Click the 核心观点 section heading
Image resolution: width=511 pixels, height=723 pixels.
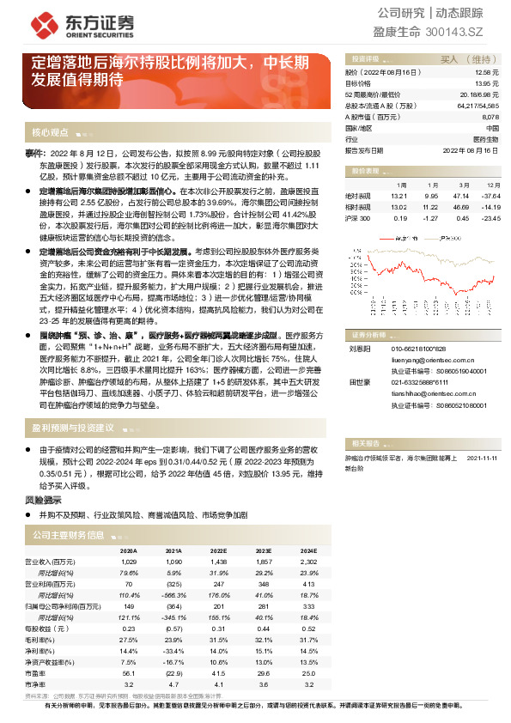[50, 132]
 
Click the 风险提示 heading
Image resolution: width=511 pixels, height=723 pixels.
[42, 498]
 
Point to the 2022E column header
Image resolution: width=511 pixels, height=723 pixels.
[219, 550]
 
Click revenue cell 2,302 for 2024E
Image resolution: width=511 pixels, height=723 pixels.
[308, 561]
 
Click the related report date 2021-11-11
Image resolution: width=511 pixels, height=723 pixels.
[483, 459]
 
